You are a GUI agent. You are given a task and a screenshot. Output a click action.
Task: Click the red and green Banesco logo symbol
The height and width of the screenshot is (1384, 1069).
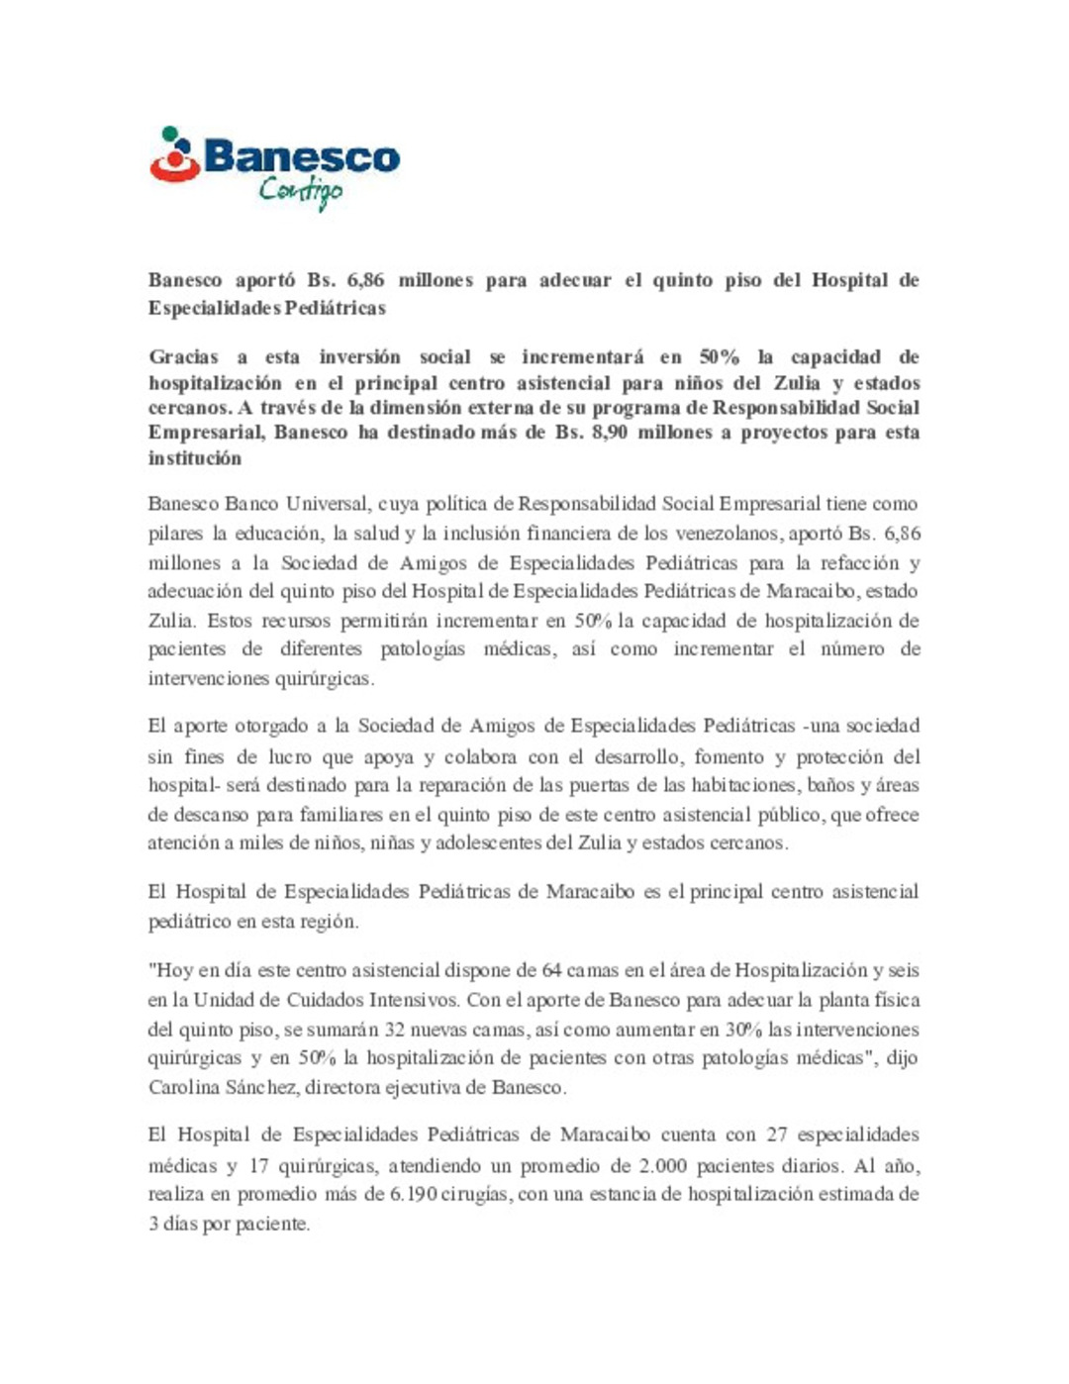point(174,156)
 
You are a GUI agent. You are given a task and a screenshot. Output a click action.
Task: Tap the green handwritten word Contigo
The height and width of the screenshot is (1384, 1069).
point(300,190)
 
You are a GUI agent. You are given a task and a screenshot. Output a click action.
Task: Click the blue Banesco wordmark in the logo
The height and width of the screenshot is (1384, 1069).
point(302,156)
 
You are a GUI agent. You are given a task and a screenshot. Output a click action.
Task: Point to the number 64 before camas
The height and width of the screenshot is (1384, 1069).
point(552,970)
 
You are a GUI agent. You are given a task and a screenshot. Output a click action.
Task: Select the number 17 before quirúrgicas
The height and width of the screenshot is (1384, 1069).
point(259,1165)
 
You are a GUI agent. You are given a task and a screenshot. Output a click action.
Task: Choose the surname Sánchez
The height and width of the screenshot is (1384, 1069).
point(258,1087)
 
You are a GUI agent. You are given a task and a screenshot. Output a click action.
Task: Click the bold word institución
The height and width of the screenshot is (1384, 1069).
point(195,458)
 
